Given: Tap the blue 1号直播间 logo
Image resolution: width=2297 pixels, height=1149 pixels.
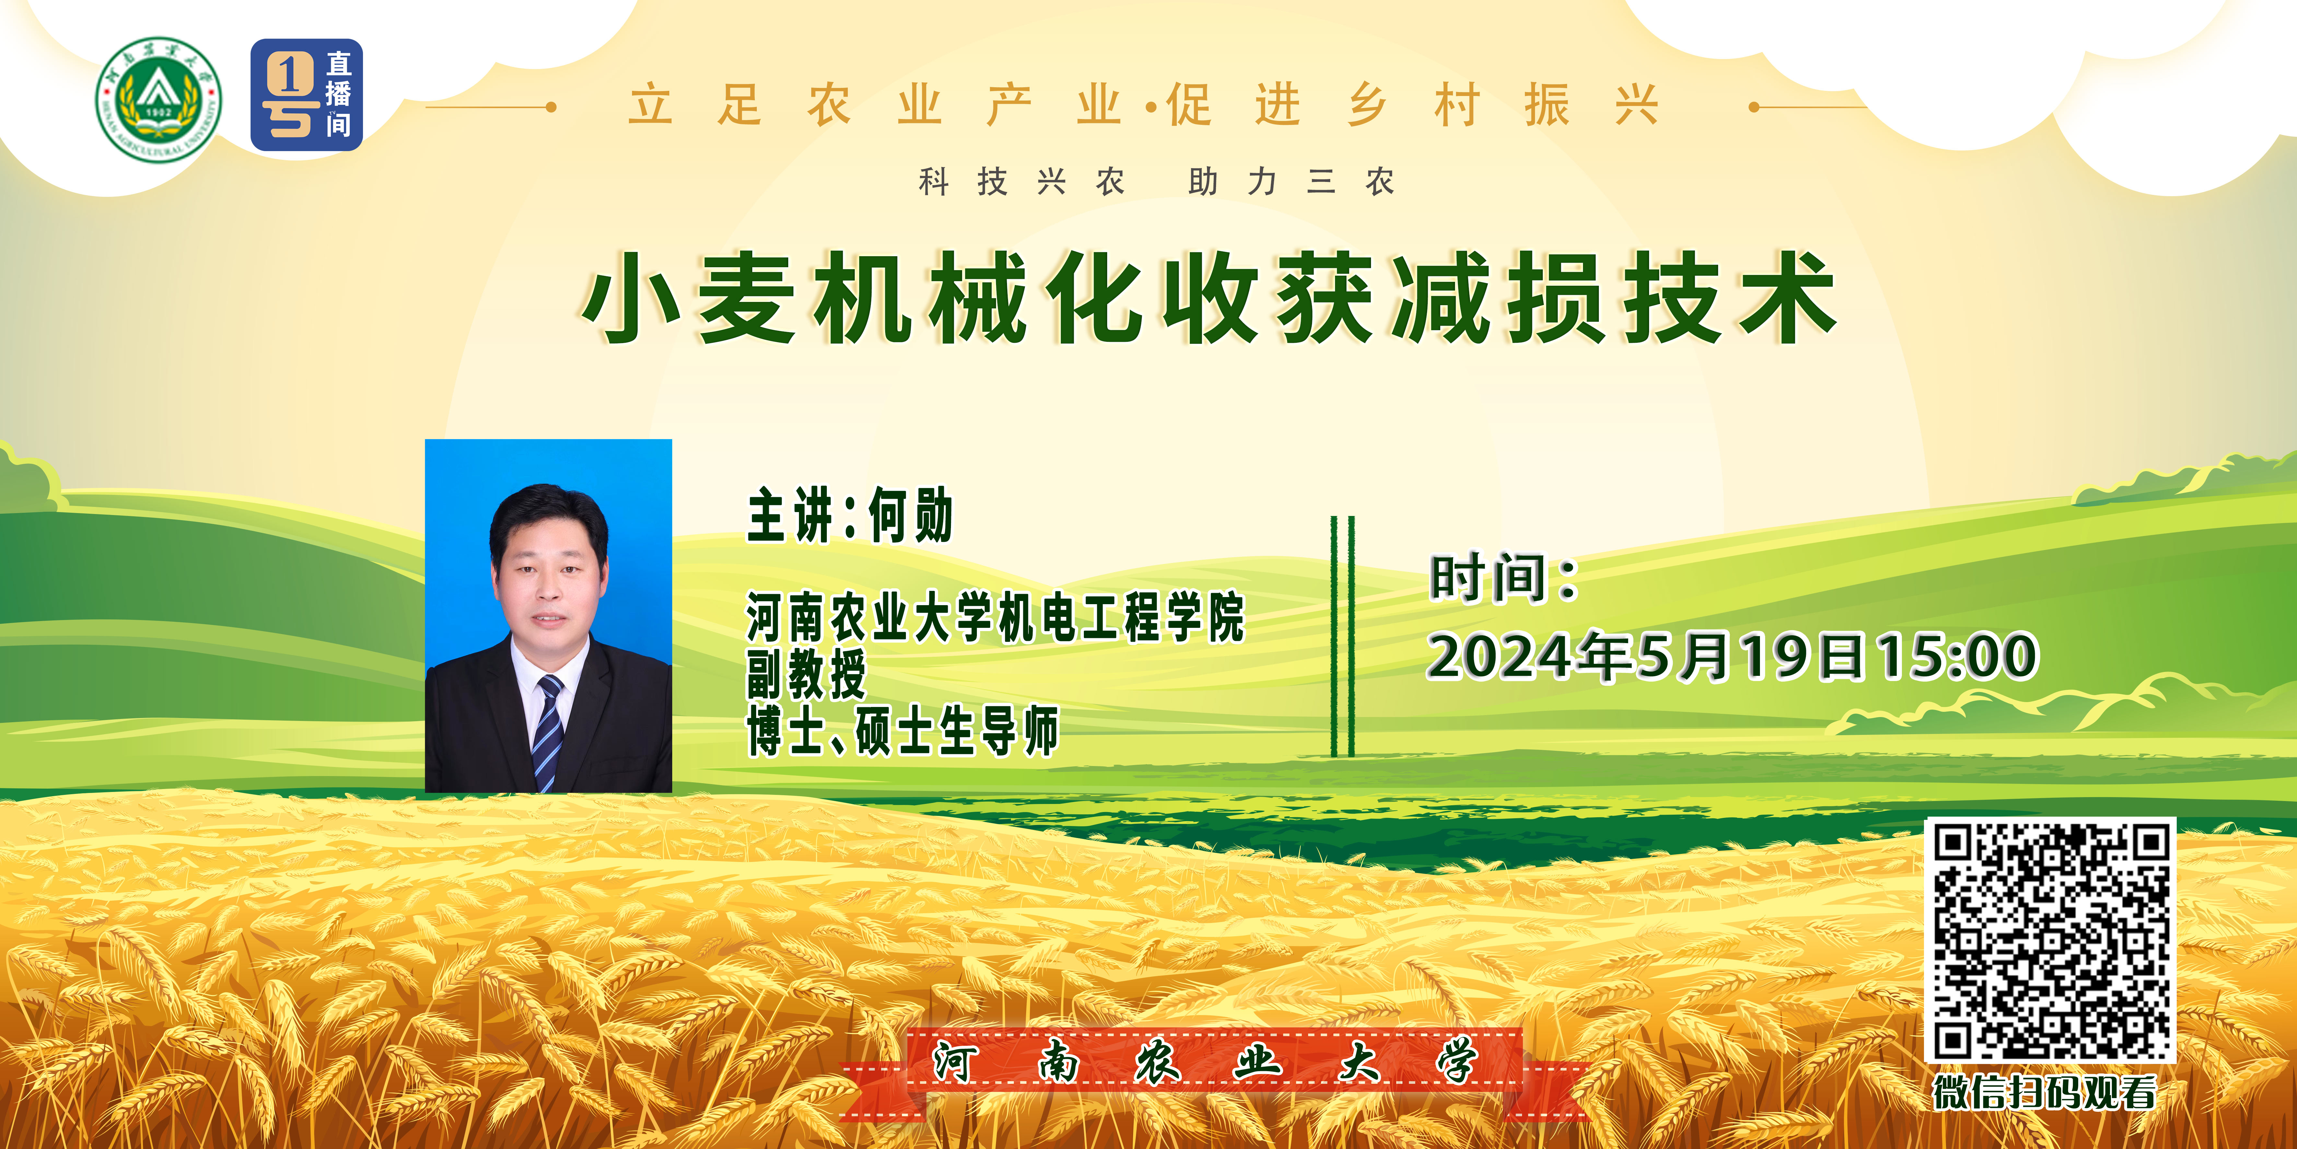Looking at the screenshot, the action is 307,95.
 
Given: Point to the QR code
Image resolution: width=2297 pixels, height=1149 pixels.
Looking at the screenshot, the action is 2050,940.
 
